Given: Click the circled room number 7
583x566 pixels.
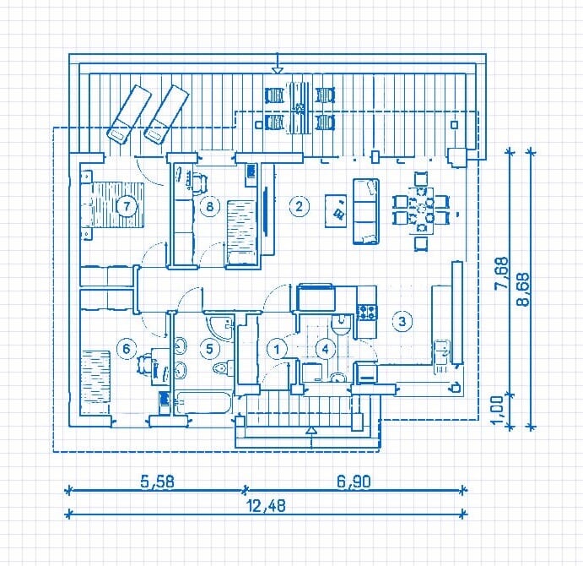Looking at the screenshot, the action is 127,205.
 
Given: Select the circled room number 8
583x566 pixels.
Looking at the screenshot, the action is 210,205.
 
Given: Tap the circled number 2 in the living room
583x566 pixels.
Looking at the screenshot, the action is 299,206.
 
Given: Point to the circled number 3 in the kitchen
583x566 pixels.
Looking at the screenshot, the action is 402,321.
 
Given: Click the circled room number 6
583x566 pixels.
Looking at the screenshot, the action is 127,349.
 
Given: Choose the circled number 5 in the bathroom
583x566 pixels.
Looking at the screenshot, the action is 210,349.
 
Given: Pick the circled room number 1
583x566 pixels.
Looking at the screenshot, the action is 277,349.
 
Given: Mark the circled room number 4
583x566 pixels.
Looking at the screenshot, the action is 326,349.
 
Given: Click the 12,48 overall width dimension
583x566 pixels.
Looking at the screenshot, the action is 267,506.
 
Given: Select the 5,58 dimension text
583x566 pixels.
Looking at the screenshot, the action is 157,482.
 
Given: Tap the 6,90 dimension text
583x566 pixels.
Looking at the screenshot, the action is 354,482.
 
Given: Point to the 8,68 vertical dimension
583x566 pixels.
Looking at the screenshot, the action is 523,289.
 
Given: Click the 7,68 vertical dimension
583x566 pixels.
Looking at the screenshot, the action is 501,273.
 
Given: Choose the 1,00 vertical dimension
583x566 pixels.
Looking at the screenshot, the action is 497,411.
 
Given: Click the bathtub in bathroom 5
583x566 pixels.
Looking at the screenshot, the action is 203,402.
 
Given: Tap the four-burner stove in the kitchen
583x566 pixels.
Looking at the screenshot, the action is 367,312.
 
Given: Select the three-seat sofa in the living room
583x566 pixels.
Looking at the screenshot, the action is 366,211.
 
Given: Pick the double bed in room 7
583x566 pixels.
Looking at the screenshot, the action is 112,204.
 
